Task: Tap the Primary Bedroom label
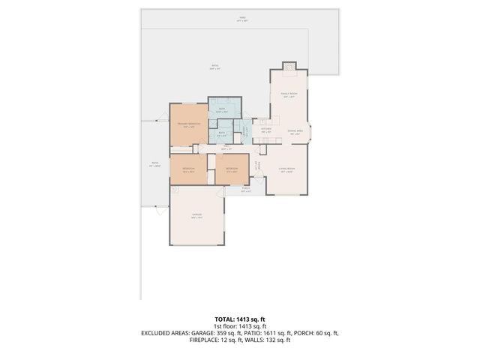[187, 124]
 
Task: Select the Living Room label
[286, 170]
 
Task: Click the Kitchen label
[265, 130]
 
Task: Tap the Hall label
[225, 148]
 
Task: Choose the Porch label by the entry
[245, 190]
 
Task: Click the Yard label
[241, 19]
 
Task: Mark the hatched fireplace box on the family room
[289, 66]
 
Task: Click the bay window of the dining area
[310, 133]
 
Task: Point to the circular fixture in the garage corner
[175, 191]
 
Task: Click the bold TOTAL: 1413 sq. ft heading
[240, 319]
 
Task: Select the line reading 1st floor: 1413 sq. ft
[240, 326]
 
